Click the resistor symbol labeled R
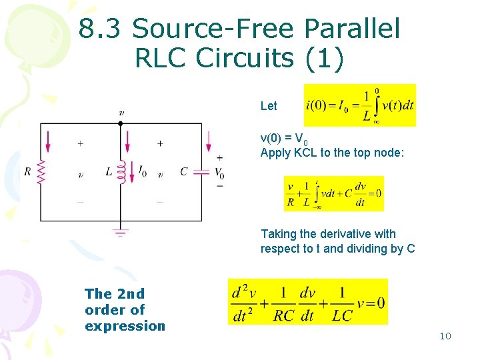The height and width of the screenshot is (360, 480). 41,172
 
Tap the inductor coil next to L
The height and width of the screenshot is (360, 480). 121,171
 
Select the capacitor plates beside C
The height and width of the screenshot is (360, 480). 201,172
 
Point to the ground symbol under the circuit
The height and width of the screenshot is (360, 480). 121,233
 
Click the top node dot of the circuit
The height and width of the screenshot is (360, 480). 121,123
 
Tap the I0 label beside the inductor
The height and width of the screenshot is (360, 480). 141,173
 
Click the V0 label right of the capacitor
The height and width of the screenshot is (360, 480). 219,173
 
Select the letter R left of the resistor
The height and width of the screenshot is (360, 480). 27,172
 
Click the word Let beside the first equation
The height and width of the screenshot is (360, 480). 269,106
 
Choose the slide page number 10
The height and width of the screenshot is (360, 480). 445,336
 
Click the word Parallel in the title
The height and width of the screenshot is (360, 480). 351,29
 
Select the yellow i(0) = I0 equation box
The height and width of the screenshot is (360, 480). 359,105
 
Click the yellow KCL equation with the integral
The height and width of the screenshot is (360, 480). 333,193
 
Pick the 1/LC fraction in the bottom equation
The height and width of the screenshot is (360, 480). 342,303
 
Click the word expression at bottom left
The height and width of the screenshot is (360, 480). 125,326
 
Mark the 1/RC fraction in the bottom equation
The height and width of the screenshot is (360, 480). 284,303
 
